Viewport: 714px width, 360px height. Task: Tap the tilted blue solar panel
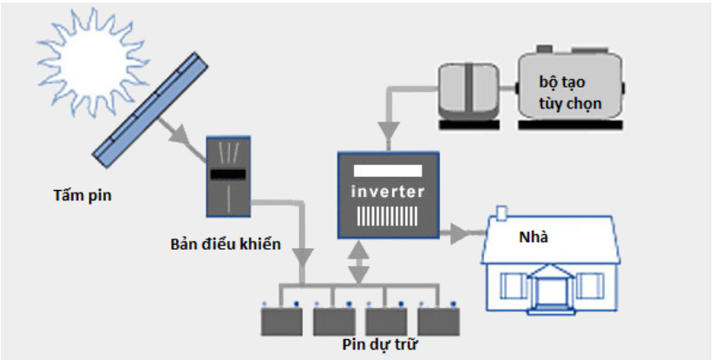pos(150,109)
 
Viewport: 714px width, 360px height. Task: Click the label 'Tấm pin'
pos(82,196)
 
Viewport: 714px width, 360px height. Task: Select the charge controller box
pos(228,176)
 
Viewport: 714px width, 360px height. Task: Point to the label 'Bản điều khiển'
pos(226,245)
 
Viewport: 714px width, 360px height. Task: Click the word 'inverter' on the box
pos(388,192)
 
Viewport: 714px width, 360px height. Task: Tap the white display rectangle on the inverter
pos(388,171)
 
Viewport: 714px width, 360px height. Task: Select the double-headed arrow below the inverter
pos(360,263)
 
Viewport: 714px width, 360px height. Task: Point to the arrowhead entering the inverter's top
pos(388,132)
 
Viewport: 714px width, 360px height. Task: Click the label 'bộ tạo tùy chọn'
pos(570,94)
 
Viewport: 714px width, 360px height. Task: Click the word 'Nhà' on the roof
pos(534,237)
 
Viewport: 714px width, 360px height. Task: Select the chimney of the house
pos(501,213)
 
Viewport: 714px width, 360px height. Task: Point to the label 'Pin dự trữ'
pos(380,344)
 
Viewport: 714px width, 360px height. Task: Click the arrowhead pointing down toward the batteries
pos(303,258)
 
